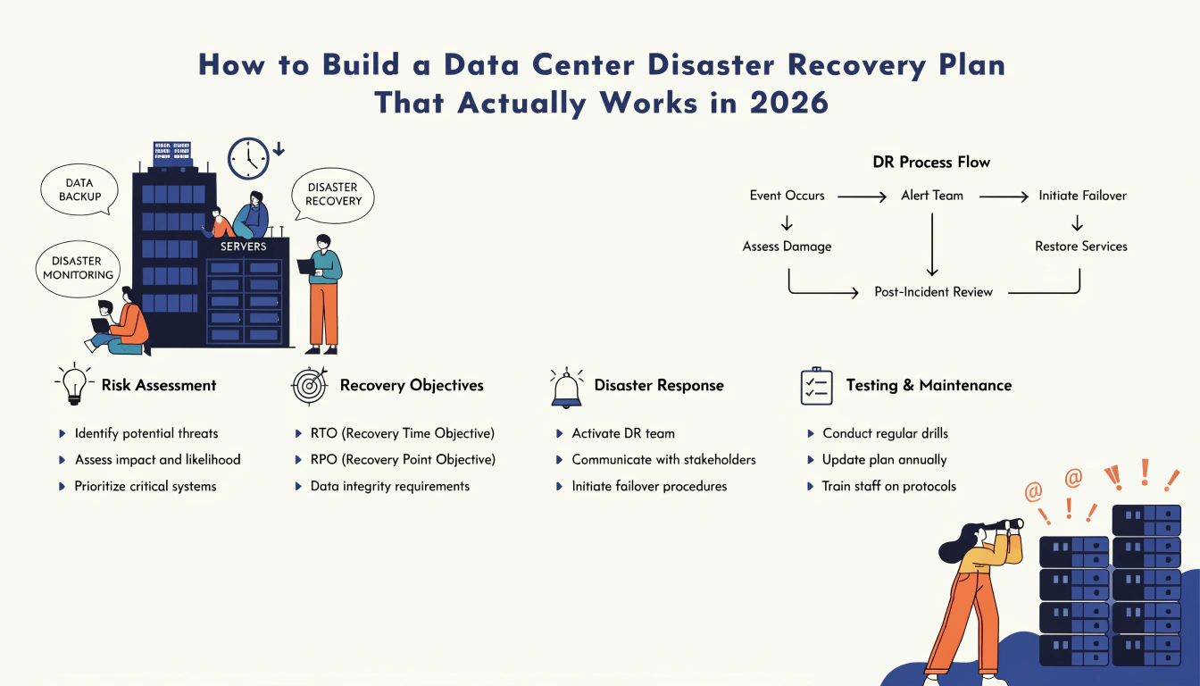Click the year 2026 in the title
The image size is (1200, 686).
click(x=789, y=103)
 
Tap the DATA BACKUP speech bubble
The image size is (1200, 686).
click(x=79, y=189)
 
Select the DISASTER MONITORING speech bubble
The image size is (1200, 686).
click(x=79, y=268)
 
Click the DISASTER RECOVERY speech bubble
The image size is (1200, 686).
click(x=333, y=195)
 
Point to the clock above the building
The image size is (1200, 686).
click(x=248, y=159)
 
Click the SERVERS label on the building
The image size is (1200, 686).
click(x=243, y=247)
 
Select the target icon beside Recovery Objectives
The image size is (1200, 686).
click(x=310, y=385)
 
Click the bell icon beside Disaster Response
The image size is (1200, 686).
click(x=566, y=388)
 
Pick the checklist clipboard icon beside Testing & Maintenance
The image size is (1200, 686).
click(x=816, y=386)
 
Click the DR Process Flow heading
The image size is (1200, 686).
click(x=931, y=162)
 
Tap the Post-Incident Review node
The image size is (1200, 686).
click(x=933, y=291)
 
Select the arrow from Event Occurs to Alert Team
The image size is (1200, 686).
click(x=862, y=197)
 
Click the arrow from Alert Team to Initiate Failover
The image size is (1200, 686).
click(x=1004, y=197)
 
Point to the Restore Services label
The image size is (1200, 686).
click(x=1081, y=246)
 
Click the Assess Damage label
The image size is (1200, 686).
click(x=787, y=247)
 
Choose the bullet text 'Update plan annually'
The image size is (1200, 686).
click(x=885, y=460)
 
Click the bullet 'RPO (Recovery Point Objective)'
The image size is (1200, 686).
click(x=403, y=460)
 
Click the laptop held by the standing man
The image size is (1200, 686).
click(x=307, y=266)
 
